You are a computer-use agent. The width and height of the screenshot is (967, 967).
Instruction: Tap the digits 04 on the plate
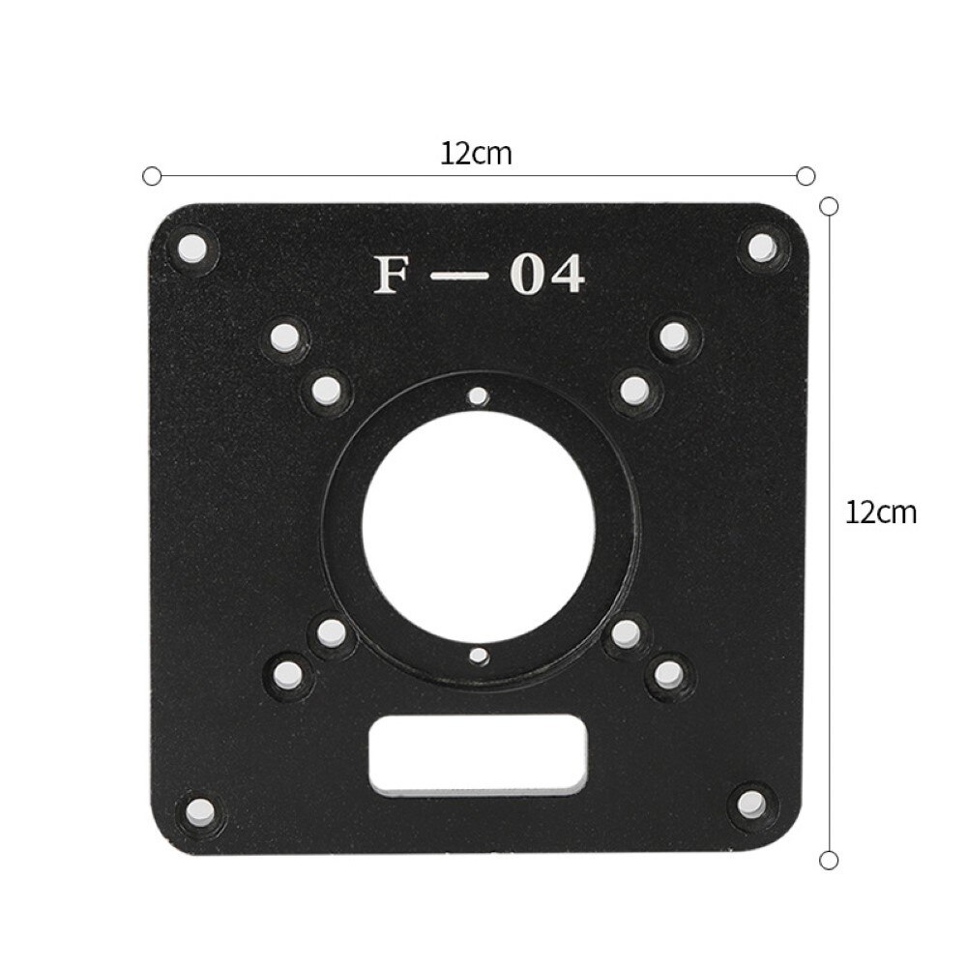547,275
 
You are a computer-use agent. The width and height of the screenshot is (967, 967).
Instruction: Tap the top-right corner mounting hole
760,247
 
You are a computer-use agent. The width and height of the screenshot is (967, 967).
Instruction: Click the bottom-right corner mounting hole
748,803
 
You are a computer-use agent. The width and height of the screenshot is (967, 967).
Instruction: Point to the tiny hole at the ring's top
478,396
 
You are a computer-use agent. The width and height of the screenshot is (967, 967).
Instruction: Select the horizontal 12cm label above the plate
476,155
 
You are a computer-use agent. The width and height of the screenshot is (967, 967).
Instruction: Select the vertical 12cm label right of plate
880,513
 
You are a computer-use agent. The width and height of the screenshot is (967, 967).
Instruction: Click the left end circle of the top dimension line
151,175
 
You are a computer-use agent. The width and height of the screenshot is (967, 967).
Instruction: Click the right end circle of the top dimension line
805,175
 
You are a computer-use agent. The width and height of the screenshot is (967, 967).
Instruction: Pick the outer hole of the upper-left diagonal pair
285,338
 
